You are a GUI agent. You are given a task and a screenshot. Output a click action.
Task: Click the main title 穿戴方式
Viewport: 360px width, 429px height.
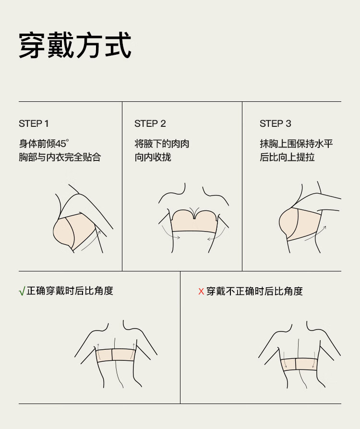click(75, 45)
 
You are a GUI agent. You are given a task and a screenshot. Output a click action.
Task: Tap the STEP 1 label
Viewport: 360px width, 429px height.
click(34, 123)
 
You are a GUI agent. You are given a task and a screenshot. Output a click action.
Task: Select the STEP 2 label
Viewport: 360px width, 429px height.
click(150, 123)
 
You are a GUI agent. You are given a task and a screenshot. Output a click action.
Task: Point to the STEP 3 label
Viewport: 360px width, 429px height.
click(275, 123)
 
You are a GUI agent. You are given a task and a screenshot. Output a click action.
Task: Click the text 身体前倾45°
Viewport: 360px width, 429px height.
click(44, 144)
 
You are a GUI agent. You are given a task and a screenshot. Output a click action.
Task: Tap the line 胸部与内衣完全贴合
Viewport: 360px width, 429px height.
click(60, 157)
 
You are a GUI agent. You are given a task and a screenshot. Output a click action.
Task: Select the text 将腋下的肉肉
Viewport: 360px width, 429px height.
click(162, 144)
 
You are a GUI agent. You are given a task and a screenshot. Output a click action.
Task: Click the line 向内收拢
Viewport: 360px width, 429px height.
click(153, 157)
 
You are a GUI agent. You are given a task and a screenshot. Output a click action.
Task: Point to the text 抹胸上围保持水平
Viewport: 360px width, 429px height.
click(296, 144)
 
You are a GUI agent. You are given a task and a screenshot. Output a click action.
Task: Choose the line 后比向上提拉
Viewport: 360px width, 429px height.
click(287, 157)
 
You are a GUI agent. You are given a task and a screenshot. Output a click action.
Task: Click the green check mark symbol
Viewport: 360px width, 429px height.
click(22, 291)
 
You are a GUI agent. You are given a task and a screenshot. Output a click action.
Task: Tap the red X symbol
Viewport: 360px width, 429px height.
click(201, 292)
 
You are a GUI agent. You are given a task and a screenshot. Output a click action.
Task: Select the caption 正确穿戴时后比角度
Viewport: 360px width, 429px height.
click(70, 291)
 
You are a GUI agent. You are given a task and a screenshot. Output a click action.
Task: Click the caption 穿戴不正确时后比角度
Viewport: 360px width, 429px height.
click(254, 291)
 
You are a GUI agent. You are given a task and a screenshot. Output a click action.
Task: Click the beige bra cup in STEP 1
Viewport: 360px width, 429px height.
click(72, 231)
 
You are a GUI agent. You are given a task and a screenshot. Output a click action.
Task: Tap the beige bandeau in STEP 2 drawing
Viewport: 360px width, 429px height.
click(194, 221)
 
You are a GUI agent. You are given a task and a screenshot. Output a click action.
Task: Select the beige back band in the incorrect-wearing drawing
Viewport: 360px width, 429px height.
click(299, 364)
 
